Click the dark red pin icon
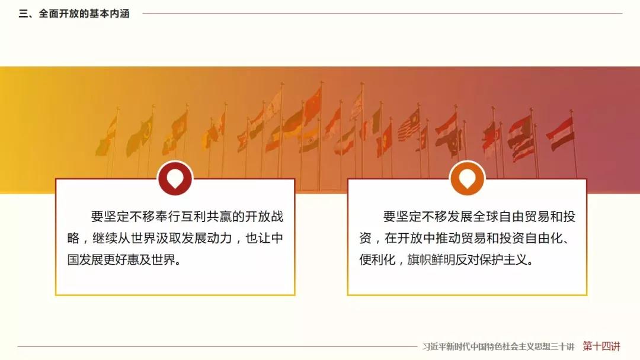click(x=175, y=179)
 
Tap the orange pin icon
click(x=468, y=179)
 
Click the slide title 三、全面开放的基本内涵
click(x=74, y=14)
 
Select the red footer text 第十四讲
click(x=601, y=346)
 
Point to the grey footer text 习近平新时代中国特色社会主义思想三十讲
click(x=498, y=346)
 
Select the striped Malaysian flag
click(x=408, y=125)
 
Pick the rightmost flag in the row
click(x=561, y=133)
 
